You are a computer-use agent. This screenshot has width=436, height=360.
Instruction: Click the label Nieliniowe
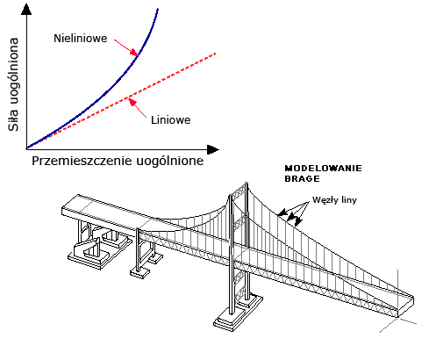click(x=81, y=39)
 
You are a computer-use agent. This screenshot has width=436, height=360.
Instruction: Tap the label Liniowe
click(x=170, y=120)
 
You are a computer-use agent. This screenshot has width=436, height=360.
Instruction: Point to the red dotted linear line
click(x=121, y=101)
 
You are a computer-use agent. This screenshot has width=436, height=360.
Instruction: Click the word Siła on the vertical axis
click(x=13, y=119)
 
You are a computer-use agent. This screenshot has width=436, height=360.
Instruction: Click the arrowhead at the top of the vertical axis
click(x=26, y=10)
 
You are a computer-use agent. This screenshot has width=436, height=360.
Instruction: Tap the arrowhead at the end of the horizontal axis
click(x=213, y=149)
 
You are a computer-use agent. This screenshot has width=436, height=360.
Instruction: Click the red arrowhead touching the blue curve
click(x=134, y=52)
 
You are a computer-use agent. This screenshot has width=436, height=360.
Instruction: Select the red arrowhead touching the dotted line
click(x=132, y=102)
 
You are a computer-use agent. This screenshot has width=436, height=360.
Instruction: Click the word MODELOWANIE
click(x=323, y=169)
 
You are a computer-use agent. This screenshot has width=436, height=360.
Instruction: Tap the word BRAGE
click(x=302, y=178)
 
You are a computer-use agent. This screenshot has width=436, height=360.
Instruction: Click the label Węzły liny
click(x=334, y=200)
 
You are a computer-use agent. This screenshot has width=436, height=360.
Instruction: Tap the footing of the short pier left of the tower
click(x=139, y=272)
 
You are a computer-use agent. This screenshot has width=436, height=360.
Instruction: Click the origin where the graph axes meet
click(x=26, y=149)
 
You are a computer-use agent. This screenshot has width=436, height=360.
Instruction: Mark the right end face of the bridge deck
click(x=406, y=306)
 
